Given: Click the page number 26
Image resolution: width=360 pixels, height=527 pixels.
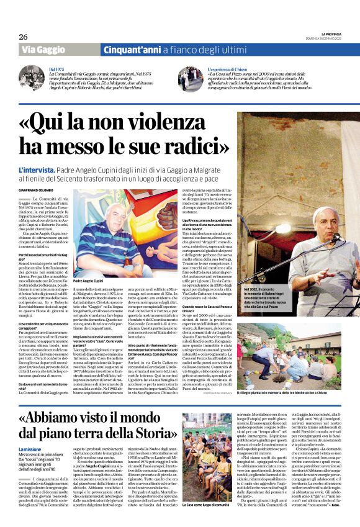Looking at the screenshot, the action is point(24,37).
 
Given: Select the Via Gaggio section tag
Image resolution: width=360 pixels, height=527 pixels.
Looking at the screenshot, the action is point(45,50).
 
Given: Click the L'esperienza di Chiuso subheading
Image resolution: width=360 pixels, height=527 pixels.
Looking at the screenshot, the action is point(227,70).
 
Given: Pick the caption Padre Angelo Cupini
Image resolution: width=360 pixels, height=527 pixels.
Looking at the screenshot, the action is point(91,281).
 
